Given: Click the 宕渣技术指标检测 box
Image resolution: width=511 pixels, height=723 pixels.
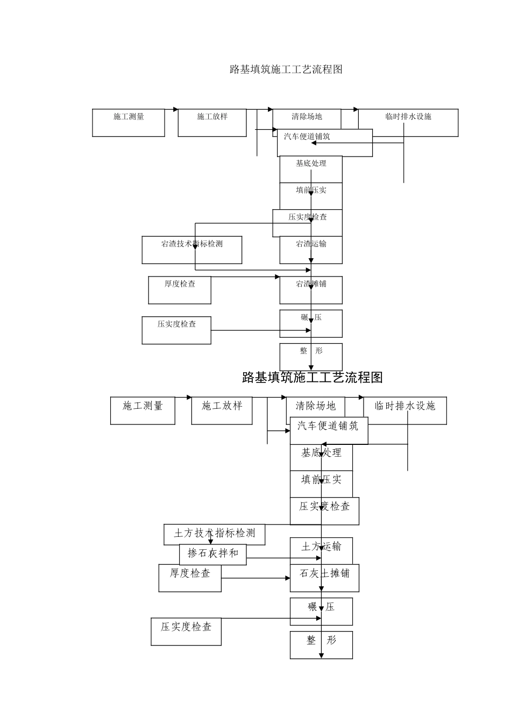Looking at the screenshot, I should [x=191, y=250].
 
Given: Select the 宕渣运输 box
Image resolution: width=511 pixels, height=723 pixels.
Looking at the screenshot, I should [x=311, y=250].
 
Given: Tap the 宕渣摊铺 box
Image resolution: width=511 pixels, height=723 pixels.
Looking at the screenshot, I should [x=311, y=290].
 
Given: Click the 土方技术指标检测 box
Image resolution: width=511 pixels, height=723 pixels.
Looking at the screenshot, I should [x=214, y=534].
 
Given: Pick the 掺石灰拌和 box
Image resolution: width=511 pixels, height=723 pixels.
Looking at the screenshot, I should [x=212, y=554].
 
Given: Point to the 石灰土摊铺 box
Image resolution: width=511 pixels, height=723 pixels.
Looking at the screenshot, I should [x=324, y=578].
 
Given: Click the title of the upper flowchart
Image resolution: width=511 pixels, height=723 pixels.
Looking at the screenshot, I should [x=286, y=69].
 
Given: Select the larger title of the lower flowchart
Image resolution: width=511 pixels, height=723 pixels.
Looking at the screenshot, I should [x=313, y=378].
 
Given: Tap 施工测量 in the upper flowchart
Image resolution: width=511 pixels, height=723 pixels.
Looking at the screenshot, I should [x=129, y=123].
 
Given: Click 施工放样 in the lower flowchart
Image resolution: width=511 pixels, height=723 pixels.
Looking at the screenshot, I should [x=222, y=410].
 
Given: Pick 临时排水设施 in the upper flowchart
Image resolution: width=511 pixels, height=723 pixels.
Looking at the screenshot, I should [x=408, y=123].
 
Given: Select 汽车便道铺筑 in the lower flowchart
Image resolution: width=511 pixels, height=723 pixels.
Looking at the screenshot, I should [x=329, y=430].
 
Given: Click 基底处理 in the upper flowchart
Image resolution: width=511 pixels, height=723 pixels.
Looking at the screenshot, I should [x=311, y=169].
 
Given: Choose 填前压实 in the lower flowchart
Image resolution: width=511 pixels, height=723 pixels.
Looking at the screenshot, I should [x=321, y=484].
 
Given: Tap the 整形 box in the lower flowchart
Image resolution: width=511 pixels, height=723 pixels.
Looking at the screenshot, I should [x=321, y=644].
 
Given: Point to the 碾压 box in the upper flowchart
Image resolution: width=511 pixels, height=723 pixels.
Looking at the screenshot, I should [x=311, y=323].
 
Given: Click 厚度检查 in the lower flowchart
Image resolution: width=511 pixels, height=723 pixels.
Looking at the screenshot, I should [x=190, y=578].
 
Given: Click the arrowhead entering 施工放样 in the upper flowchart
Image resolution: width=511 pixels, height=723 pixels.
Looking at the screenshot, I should [x=175, y=109].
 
